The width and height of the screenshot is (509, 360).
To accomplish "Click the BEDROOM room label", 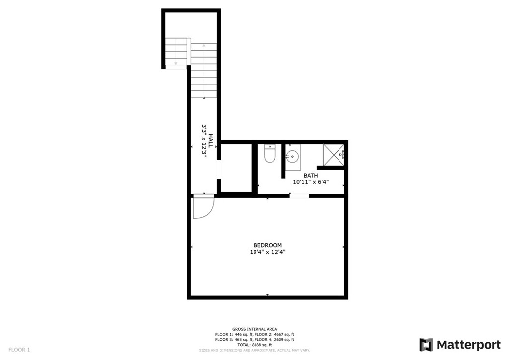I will click(267, 245).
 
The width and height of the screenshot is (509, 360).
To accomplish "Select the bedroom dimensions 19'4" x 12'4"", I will click(267, 252).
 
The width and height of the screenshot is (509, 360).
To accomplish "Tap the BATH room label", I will click(311, 176).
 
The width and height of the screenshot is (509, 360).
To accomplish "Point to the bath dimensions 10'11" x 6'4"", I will click(311, 182).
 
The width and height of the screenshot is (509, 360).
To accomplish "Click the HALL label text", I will click(211, 141).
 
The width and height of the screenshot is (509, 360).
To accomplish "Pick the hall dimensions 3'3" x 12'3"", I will click(204, 141).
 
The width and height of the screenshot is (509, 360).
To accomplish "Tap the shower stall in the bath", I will click(334, 154).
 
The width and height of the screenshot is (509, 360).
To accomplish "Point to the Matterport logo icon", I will click(426, 345).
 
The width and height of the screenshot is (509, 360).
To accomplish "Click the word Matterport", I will click(468, 345).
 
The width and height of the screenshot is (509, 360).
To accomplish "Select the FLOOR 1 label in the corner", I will click(19, 350).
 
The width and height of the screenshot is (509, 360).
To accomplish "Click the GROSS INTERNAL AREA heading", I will click(254, 329).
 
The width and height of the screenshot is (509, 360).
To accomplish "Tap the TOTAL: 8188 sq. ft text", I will click(254, 345).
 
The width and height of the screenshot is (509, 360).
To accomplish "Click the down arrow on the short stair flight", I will click(175, 63).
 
